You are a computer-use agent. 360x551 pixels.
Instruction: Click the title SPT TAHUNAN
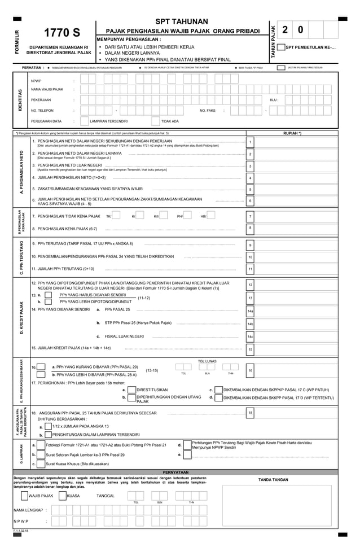[181, 21]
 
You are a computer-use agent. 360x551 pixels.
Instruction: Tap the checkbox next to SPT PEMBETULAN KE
[282, 47]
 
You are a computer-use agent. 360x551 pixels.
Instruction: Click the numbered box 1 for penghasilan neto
[250, 142]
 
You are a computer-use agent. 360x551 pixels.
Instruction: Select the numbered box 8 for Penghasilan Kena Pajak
[250, 228]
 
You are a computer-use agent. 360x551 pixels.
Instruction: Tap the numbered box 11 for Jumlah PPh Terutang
[250, 269]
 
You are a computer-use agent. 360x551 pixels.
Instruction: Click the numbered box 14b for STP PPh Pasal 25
[250, 323]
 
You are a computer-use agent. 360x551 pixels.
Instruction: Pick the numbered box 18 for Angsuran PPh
[250, 413]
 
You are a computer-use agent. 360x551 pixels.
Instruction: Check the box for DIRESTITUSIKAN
[131, 390]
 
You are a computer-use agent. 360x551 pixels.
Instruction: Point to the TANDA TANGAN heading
[273, 479]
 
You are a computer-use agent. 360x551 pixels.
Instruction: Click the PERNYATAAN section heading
[175, 471]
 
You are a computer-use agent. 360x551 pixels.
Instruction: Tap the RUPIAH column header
[292, 133]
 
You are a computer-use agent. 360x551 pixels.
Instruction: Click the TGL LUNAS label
[207, 361]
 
